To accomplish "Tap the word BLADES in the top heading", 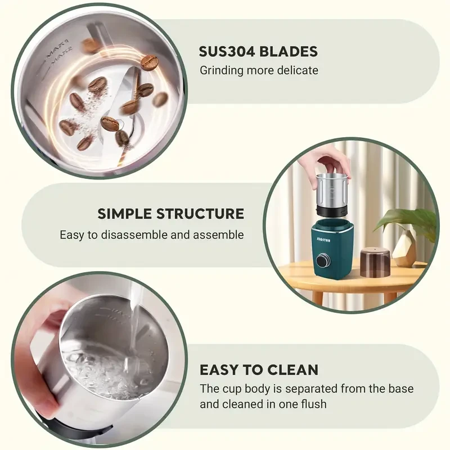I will click(291, 52).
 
